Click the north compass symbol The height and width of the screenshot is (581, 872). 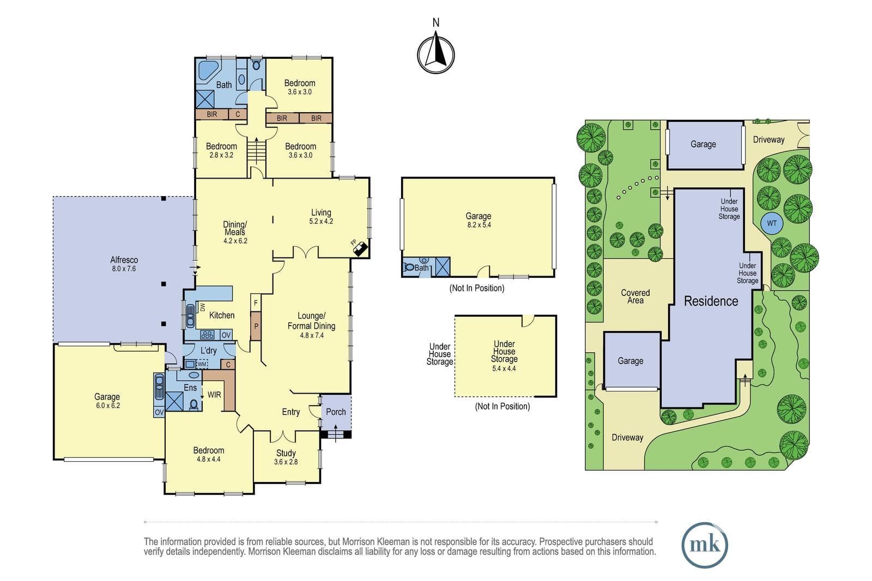[x=435, y=54]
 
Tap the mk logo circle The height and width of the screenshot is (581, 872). [x=705, y=545]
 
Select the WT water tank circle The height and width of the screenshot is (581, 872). [x=772, y=223]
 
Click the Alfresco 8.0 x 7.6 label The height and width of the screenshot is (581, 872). [x=124, y=264]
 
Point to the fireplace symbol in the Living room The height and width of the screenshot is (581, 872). [x=361, y=248]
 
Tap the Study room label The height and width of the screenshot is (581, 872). [x=286, y=457]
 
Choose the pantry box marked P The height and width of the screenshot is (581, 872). [x=256, y=326]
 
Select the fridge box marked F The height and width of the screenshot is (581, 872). [x=256, y=303]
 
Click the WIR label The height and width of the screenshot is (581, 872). [x=214, y=395]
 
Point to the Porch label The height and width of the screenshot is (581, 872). [x=336, y=412]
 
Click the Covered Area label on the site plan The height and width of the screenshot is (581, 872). [x=635, y=296]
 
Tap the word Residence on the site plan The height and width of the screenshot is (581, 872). [x=711, y=301]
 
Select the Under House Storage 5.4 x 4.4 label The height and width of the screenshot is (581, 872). [x=504, y=356]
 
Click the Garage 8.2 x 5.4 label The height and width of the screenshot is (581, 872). [x=479, y=220]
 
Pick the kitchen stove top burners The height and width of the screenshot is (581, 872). [x=207, y=334]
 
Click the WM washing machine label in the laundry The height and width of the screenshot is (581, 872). [x=202, y=364]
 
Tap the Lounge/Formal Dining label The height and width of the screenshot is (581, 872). [x=311, y=325]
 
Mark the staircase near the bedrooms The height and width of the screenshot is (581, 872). [x=256, y=151]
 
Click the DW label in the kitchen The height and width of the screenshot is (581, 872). [x=202, y=307]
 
